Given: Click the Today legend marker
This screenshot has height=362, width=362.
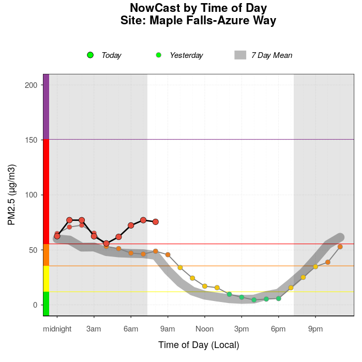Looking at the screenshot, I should click(90, 55).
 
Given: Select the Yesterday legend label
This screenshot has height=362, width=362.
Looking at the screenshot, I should click(186, 55).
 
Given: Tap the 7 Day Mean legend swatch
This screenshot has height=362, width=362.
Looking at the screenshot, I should click(240, 55).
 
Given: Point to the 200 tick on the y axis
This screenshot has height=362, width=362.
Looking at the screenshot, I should click(31, 85).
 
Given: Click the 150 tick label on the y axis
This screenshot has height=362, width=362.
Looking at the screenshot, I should click(31, 140).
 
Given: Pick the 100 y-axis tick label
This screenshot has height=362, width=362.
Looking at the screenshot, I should click(31, 195).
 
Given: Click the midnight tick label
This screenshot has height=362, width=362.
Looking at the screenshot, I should click(57, 329).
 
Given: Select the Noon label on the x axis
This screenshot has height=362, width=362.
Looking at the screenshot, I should click(205, 329).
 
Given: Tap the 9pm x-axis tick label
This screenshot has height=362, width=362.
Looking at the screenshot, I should click(315, 329).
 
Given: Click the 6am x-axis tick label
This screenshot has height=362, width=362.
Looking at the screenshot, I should click(131, 329).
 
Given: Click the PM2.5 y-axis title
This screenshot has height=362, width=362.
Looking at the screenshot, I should click(11, 195).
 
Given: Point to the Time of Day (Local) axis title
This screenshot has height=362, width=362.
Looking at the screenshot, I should click(199, 345).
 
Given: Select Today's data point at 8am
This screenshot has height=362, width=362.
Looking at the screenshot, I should click(156, 222).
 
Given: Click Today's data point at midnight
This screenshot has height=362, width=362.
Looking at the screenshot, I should click(57, 236).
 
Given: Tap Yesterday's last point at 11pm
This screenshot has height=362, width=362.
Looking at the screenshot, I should click(340, 247).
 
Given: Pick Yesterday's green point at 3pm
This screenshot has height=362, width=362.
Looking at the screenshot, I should click(242, 297).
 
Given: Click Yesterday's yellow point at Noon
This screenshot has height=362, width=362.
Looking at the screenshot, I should click(205, 286).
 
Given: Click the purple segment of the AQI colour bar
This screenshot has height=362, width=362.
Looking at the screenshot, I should click(46, 107).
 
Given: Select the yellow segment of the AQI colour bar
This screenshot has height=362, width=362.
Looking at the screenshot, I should click(46, 279).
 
